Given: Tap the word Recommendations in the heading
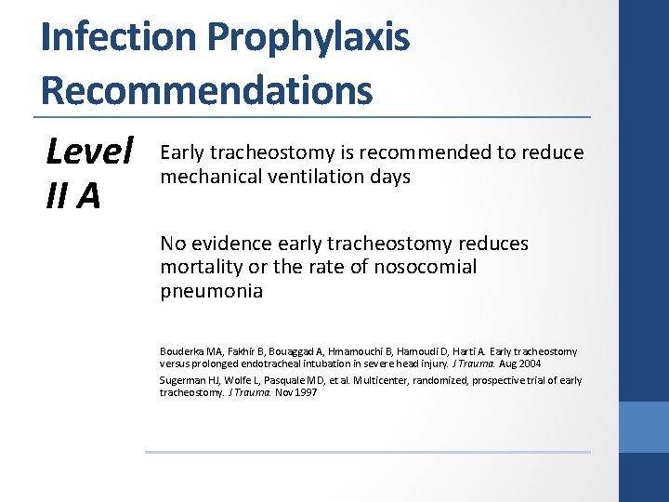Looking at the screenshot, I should pyautogui.click(x=206, y=90).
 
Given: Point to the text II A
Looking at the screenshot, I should pyautogui.click(x=72, y=196).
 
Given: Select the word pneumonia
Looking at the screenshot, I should pyautogui.click(x=211, y=291).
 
